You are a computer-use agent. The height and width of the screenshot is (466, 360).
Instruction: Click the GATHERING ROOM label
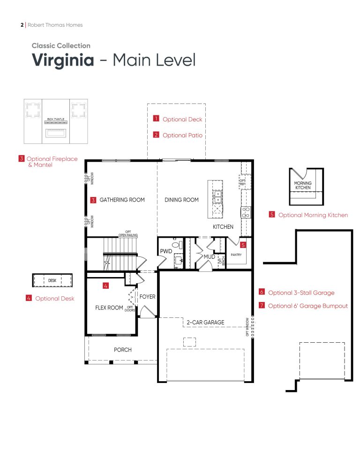tap(122, 200)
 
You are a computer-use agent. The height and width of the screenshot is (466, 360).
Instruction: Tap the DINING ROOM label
tap(181, 200)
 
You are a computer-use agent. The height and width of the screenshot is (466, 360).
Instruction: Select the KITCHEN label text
tap(223, 227)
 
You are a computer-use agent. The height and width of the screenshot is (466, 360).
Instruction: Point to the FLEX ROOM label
tap(109, 308)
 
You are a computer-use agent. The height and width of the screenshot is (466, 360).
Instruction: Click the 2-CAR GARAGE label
tap(205, 323)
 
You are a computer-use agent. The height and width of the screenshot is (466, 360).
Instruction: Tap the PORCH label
tap(123, 350)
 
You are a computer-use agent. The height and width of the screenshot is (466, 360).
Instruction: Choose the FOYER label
tap(147, 297)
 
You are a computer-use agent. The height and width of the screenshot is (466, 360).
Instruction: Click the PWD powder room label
tap(166, 252)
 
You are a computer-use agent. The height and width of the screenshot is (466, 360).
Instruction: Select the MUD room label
tap(209, 257)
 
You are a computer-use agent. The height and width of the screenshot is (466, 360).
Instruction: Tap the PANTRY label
tap(236, 255)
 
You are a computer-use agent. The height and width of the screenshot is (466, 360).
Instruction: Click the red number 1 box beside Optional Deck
tap(156, 119)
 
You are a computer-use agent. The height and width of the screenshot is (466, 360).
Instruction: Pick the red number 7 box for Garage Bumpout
tap(262, 306)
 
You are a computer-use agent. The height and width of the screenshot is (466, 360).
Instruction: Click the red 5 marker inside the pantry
tap(243, 244)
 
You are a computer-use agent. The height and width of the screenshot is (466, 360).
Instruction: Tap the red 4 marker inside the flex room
tap(106, 285)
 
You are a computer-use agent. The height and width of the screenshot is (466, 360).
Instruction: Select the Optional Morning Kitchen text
tap(313, 215)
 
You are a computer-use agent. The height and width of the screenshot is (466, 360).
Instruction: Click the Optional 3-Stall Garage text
tap(301, 293)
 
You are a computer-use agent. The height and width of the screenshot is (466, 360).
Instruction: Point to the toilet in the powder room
tap(176, 244)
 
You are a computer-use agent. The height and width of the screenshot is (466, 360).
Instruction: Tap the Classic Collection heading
tap(61, 45)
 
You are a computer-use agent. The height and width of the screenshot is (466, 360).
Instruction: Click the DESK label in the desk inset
tap(52, 281)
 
